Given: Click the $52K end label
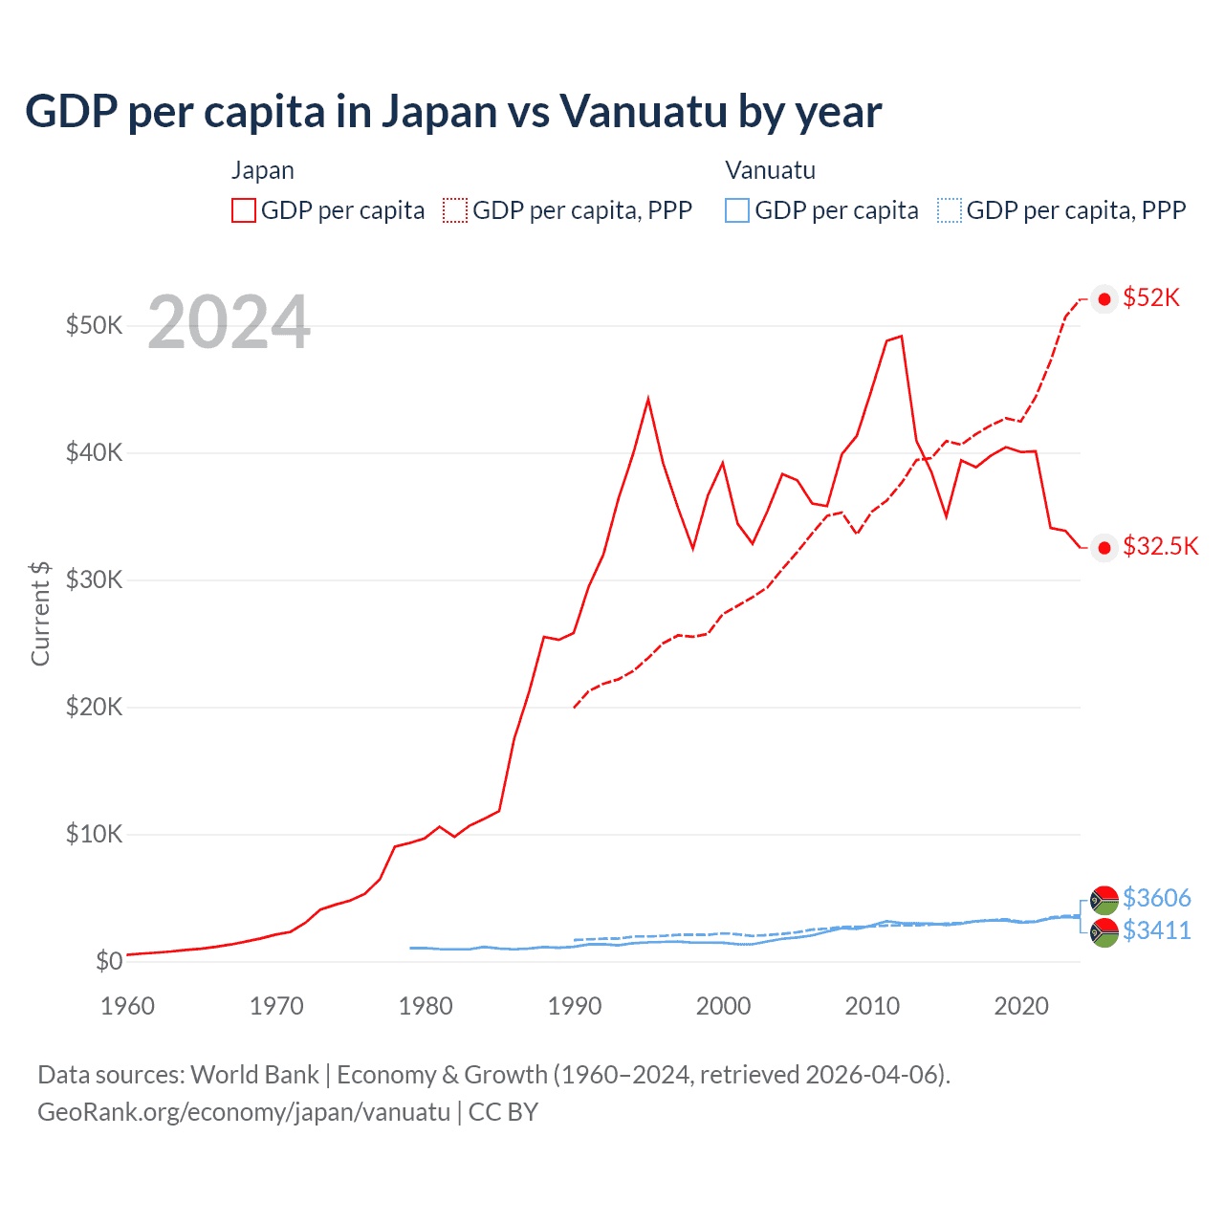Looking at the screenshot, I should (1151, 298).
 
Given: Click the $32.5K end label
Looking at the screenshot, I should (1160, 547).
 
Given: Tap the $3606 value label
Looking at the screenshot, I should (1156, 898).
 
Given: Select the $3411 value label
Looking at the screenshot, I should (1156, 930).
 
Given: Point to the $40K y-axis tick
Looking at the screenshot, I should (94, 452).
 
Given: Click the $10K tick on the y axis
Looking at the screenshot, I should (94, 834).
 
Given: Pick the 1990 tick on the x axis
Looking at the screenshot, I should (574, 1006).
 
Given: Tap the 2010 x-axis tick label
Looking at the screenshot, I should (872, 1006).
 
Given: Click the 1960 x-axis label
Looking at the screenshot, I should (127, 1006).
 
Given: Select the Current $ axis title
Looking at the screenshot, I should (40, 613).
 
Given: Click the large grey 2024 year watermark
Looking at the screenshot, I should (229, 322).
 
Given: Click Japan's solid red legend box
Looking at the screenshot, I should (244, 210).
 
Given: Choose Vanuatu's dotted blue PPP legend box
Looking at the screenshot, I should (949, 210).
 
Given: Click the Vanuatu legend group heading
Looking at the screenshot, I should (770, 171).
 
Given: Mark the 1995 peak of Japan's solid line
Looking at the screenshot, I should (648, 399).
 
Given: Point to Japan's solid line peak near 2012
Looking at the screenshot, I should (901, 337).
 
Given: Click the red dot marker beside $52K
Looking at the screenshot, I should (1104, 299).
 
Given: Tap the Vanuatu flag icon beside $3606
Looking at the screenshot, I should (1104, 900).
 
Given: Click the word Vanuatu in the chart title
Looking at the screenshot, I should (643, 112).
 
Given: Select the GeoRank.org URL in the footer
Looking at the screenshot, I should (244, 1112).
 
